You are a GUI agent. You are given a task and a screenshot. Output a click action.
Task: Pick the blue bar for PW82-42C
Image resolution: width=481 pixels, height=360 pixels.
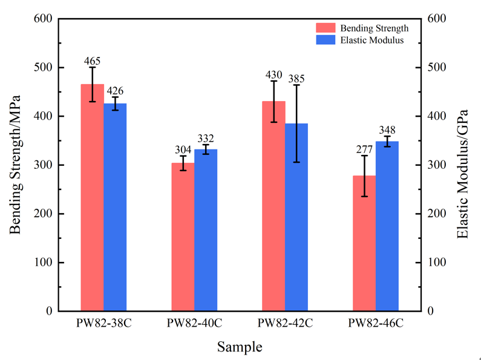(x=296, y=217)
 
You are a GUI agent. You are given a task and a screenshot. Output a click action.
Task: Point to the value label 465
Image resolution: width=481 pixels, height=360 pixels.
(x=92, y=61)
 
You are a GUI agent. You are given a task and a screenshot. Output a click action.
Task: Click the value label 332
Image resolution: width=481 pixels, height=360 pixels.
(x=206, y=139)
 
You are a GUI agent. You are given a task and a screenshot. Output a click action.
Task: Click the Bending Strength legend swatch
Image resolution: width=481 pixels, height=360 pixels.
(x=326, y=28)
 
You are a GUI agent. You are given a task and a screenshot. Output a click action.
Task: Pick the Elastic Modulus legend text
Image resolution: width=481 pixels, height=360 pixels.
(x=371, y=40)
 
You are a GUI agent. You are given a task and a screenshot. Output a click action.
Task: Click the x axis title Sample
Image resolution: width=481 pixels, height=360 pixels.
(x=240, y=347)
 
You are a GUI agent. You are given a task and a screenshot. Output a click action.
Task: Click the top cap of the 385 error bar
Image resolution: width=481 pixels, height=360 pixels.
(x=296, y=85)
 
